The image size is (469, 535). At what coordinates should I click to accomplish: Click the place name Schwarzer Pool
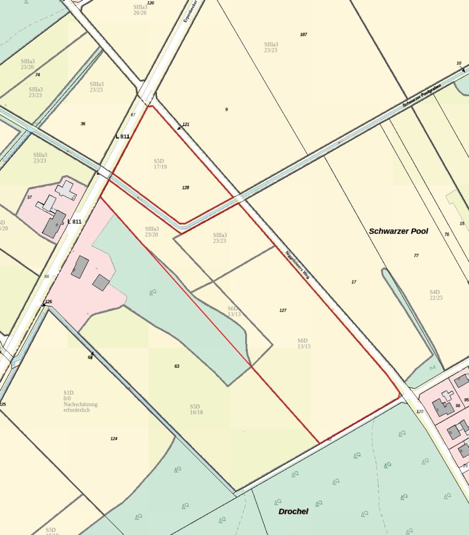point(398,231)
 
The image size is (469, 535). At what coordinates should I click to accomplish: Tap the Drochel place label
point(293,511)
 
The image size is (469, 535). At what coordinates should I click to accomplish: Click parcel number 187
point(303,34)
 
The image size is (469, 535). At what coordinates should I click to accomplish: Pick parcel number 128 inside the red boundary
point(185,188)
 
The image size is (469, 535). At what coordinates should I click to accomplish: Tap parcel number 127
point(283,310)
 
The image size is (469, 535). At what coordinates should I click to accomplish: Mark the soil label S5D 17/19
point(160,164)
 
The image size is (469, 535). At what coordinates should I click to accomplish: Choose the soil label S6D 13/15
point(304,343)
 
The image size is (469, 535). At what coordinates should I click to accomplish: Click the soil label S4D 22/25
point(436,295)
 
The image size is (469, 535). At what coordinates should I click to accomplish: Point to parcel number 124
point(114,439)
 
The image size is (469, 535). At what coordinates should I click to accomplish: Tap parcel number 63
point(176,366)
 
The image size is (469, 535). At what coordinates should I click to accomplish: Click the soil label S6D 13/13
point(234,311)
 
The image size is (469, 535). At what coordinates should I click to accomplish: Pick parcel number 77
point(416,256)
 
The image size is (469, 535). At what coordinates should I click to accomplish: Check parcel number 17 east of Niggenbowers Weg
point(354,282)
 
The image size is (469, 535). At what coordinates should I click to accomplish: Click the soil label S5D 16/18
point(196,409)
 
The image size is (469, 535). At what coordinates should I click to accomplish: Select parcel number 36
point(83,124)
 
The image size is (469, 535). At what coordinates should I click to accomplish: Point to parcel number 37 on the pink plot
point(29,197)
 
